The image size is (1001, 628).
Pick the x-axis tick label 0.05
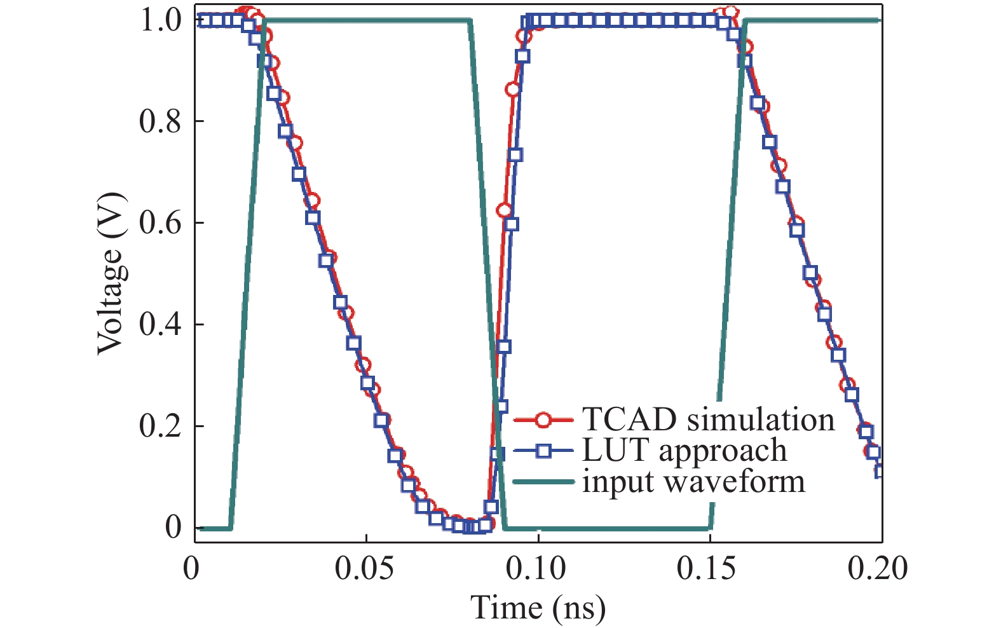tap(365, 568)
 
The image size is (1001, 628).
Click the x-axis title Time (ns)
tap(538, 608)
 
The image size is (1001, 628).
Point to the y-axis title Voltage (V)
tap(111, 273)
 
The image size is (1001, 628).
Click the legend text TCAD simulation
tap(707, 420)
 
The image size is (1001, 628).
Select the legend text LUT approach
tap(684, 451)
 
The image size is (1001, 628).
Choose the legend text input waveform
tap(693, 481)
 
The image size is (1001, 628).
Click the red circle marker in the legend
tap(543, 420)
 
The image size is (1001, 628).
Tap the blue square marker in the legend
tap(543, 451)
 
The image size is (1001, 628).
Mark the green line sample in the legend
tap(543, 482)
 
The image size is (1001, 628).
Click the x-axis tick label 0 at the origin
tap(191, 568)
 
